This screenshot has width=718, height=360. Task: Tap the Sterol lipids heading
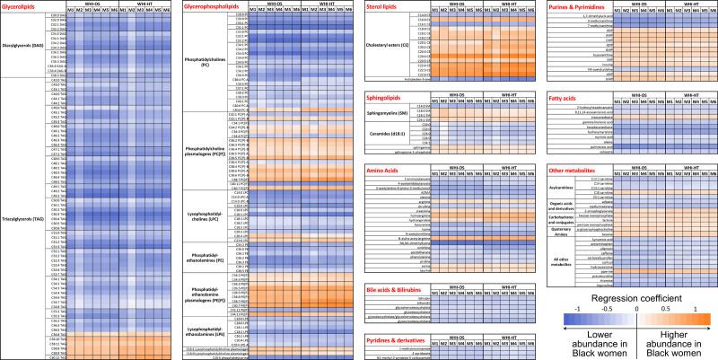click(387, 5)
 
